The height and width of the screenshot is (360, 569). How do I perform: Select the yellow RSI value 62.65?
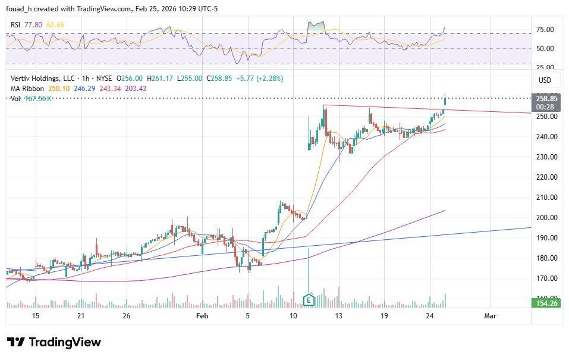pyautogui.click(x=55, y=24)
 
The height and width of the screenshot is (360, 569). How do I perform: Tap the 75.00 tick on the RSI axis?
pyautogui.click(x=545, y=30)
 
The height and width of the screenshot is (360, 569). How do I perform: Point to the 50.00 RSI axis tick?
pyautogui.click(x=545, y=49)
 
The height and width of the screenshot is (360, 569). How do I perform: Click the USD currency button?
pyautogui.click(x=545, y=80)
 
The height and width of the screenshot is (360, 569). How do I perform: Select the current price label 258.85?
pyautogui.click(x=545, y=98)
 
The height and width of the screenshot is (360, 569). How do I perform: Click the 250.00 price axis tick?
pyautogui.click(x=545, y=117)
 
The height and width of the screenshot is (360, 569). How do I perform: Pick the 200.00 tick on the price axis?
pyautogui.click(x=545, y=218)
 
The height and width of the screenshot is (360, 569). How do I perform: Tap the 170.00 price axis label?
pyautogui.click(x=545, y=278)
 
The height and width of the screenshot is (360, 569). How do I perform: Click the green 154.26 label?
pyautogui.click(x=545, y=303)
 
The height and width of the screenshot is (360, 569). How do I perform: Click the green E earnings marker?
pyautogui.click(x=309, y=300)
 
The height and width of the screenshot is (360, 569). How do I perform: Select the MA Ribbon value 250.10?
pyautogui.click(x=59, y=88)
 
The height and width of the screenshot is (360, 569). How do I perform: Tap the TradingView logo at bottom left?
pyautogui.click(x=54, y=342)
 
